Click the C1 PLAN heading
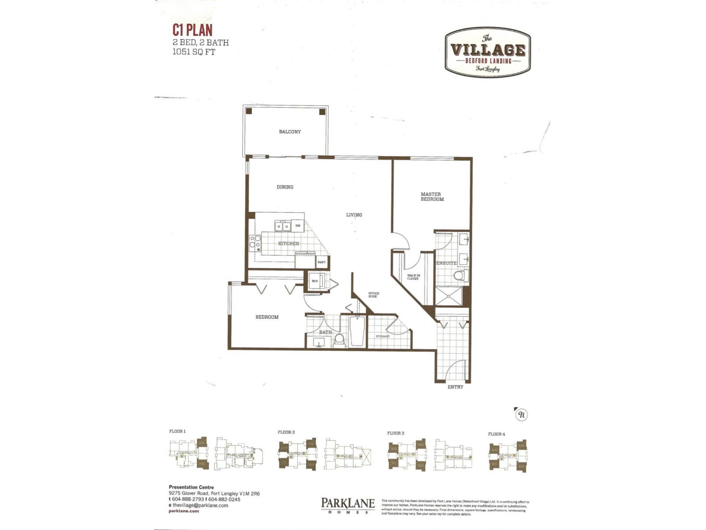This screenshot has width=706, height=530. click(192, 30)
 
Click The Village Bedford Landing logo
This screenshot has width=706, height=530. click(488, 52)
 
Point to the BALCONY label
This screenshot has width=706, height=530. click(290, 132)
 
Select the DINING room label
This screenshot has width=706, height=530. click(285, 187)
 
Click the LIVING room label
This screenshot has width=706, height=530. click(354, 215)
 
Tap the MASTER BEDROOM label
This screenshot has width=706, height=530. click(432, 197)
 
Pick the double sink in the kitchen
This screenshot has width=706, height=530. click(282, 226)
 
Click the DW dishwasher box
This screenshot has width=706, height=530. click(298, 226)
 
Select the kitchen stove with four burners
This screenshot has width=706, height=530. click(255, 243)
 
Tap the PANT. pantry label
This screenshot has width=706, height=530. click(322, 262)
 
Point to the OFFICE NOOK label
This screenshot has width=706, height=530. click(373, 295)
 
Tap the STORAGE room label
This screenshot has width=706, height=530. click(383, 337)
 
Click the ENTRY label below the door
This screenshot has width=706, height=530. click(455, 387)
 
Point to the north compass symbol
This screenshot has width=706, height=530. click(522, 415)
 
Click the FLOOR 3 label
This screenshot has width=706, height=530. click(396, 433)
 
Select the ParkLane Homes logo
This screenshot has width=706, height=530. click(348, 505)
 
